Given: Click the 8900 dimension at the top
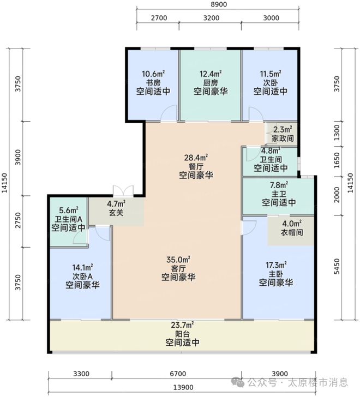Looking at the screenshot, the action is pyautogui.click(x=219, y=4).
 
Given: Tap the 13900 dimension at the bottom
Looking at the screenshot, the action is pyautogui.click(x=183, y=387).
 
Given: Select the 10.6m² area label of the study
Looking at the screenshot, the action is pyautogui.click(x=153, y=74).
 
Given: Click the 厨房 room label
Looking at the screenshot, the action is pyautogui.click(x=211, y=82).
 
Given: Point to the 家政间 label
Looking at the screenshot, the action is pyautogui.click(x=283, y=139).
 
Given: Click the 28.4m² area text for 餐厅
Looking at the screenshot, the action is pyautogui.click(x=196, y=158).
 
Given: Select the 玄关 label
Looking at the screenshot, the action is pyautogui.click(x=116, y=213).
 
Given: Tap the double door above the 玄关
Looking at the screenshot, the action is pyautogui.click(x=123, y=191).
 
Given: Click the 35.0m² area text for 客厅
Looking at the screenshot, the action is pyautogui.click(x=178, y=260).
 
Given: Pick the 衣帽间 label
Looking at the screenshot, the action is pyautogui.click(x=292, y=232).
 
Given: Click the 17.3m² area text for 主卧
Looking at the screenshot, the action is pyautogui.click(x=276, y=265).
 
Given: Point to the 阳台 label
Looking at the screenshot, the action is pyautogui.click(x=182, y=333).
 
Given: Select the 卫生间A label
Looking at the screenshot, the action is pyautogui.click(x=68, y=219).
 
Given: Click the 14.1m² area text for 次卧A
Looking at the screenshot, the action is pyautogui.click(x=82, y=267).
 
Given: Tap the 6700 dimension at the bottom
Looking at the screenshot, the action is pyautogui.click(x=178, y=374).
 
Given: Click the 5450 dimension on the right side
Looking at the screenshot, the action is pyautogui.click(x=337, y=266).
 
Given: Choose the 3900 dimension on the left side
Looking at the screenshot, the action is pyautogui.click(x=17, y=158).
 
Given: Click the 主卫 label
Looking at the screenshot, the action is pyautogui.click(x=279, y=194).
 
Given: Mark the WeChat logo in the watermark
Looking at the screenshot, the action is pyautogui.click(x=238, y=382).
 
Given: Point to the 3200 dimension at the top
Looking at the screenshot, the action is pyautogui.click(x=211, y=18).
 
